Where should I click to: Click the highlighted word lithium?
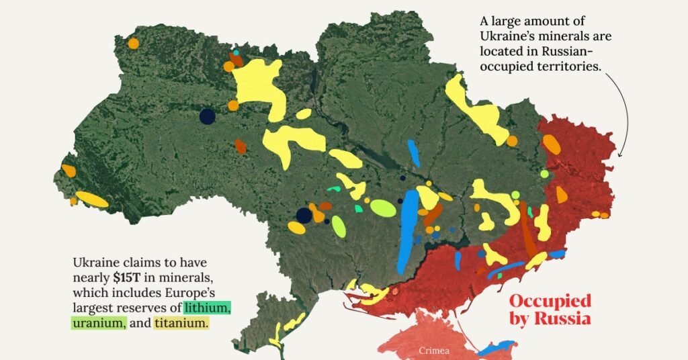point(209,308)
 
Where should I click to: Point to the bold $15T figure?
point(126,277)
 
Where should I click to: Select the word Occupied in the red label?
point(550,300)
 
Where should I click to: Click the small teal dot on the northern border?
point(236,52)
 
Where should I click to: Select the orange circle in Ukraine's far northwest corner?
point(133,44)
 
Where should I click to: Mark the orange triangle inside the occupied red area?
point(561,195)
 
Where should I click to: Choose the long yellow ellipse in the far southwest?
point(91,199)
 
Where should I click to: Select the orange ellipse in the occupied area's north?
point(552,144)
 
